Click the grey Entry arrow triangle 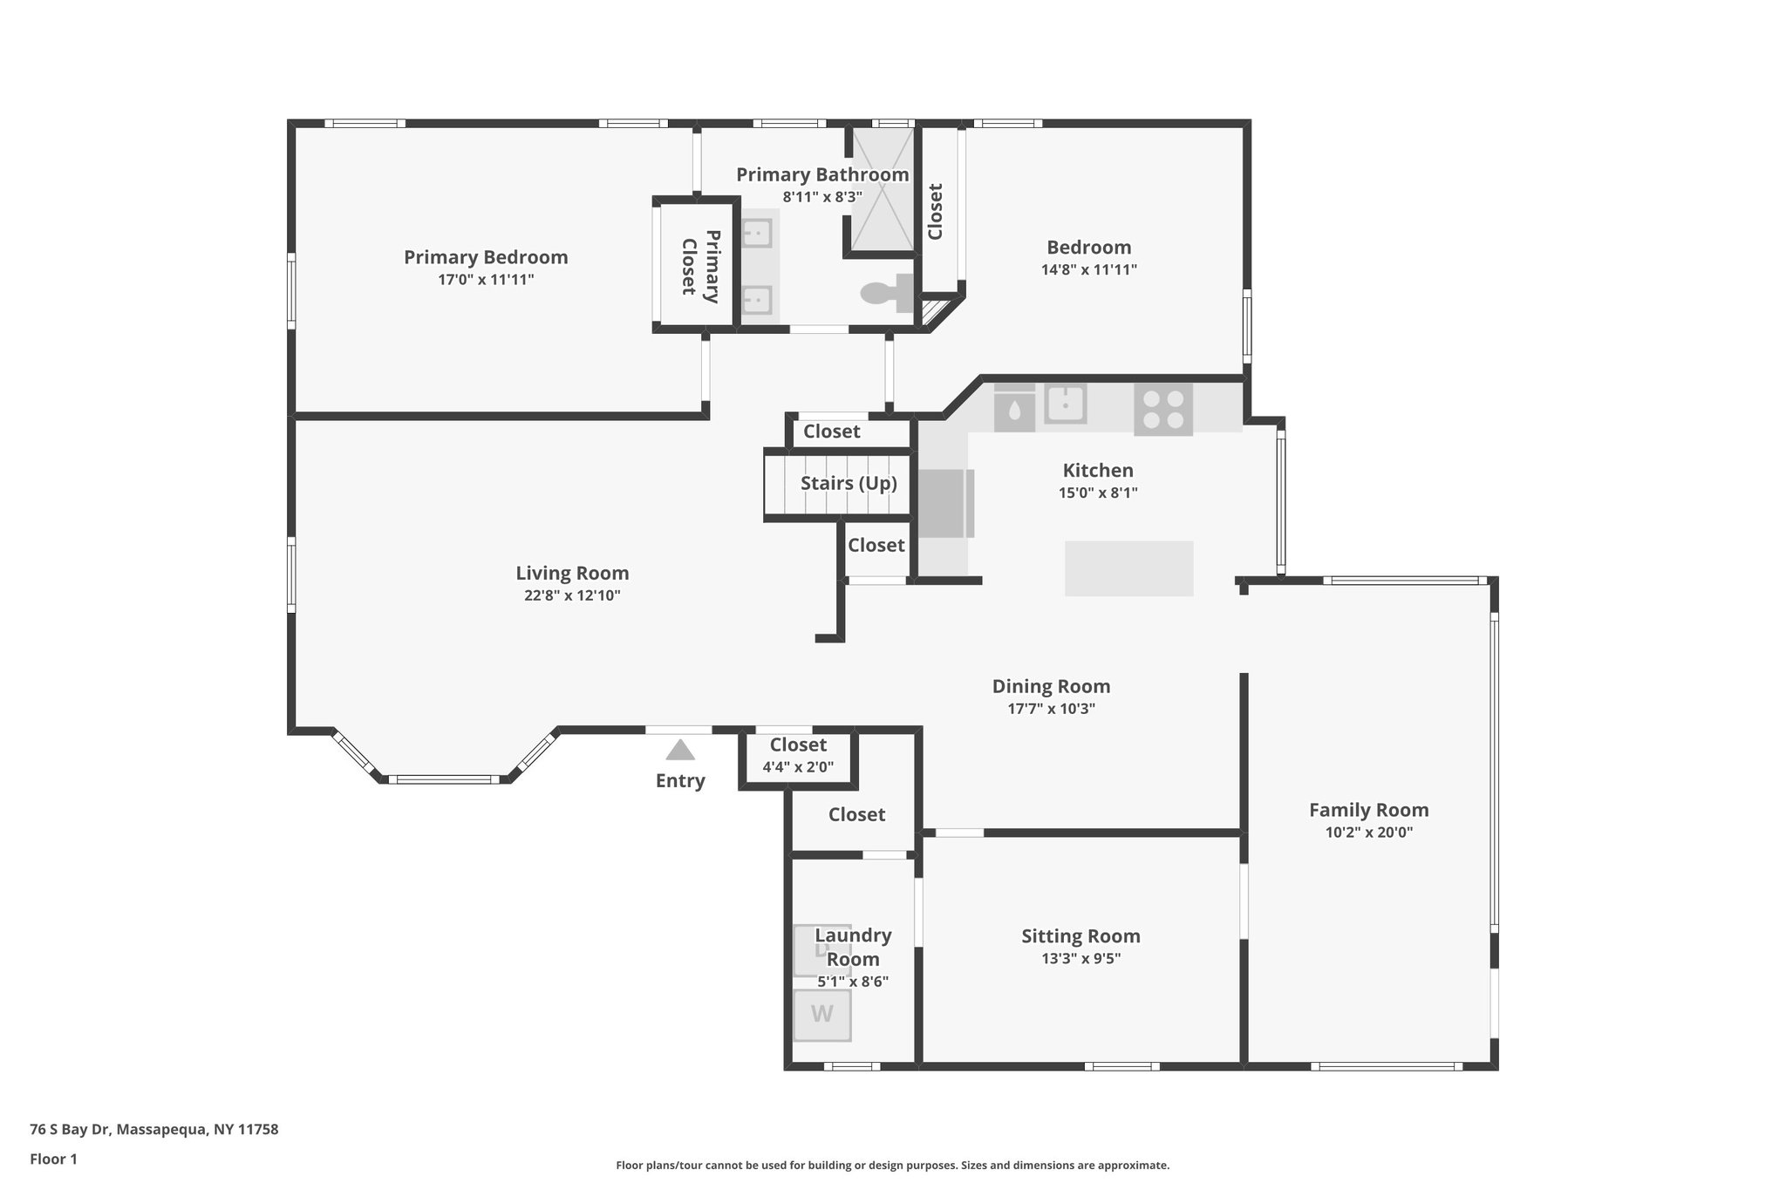[x=680, y=750]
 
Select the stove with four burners [x=1163, y=410]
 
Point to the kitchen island [x=1128, y=568]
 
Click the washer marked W [x=821, y=1015]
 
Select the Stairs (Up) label [x=849, y=483]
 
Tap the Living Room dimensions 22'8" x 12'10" [x=572, y=596]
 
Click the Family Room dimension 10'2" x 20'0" [x=1368, y=833]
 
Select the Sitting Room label [x=1080, y=936]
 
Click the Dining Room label [x=1051, y=687]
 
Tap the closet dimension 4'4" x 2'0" [x=798, y=768]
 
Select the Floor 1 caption [x=53, y=1159]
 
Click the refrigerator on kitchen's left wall [x=945, y=504]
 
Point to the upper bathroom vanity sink [x=757, y=234]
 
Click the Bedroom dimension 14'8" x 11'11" [x=1088, y=270]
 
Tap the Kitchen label [x=1097, y=471]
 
